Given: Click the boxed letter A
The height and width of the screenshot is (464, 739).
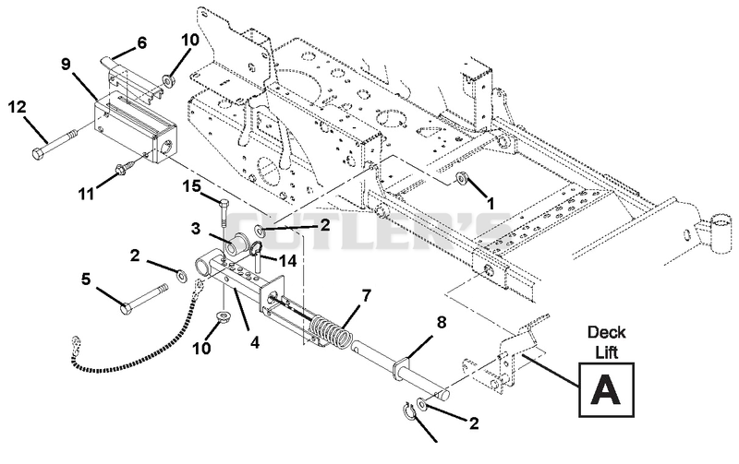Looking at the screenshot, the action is click(606, 389).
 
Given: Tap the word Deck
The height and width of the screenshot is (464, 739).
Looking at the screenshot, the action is click(606, 333).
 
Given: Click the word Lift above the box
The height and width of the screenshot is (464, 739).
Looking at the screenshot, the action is click(607, 352).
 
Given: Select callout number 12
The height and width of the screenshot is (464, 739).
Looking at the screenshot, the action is click(18, 107).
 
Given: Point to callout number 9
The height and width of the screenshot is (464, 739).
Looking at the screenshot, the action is click(66, 64).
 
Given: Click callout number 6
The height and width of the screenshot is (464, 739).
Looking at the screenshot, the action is click(141, 43).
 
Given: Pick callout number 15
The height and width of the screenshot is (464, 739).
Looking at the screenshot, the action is click(191, 187).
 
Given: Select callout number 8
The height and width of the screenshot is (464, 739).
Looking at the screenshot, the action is click(442, 322).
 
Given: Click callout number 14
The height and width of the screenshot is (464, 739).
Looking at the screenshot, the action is click(287, 260).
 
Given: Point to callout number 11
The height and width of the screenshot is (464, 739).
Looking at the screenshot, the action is click(86, 193).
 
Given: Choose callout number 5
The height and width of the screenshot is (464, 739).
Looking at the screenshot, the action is click(86, 280).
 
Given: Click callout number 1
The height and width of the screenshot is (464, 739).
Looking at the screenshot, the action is click(491, 204).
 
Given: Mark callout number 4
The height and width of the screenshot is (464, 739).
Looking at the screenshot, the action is click(255, 342).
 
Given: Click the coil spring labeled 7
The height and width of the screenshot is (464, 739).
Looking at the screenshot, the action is click(333, 331).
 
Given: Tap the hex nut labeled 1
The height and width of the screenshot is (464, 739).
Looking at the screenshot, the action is click(461, 177).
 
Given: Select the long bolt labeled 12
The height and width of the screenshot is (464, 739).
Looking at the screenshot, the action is click(55, 143).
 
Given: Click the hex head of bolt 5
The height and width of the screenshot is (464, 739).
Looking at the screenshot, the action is click(126, 309).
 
